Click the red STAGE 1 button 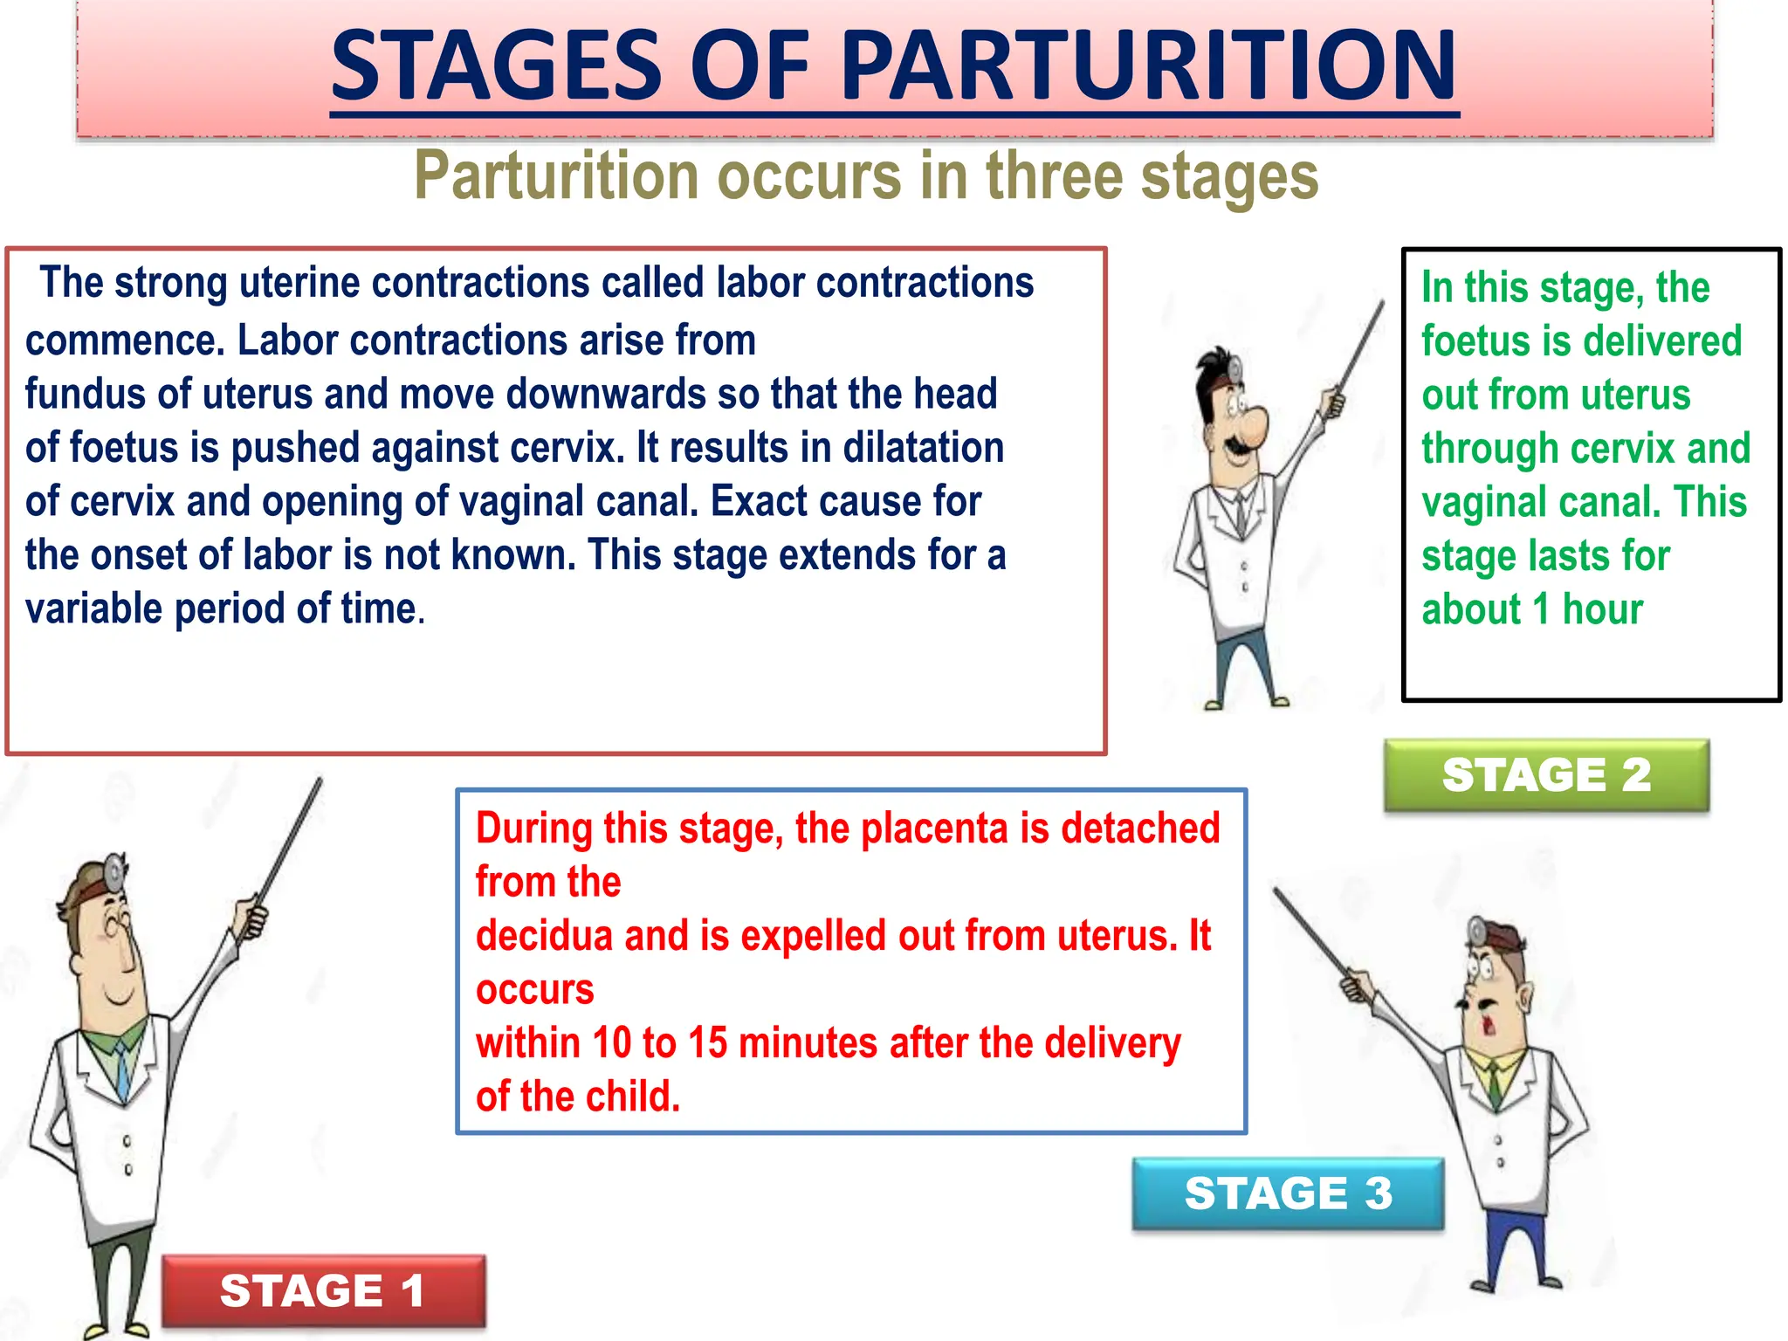[x=323, y=1291]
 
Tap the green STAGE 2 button [x=1546, y=775]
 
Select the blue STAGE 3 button [x=1288, y=1193]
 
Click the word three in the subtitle [x=1056, y=176]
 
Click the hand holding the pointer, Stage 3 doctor [x=1356, y=988]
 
